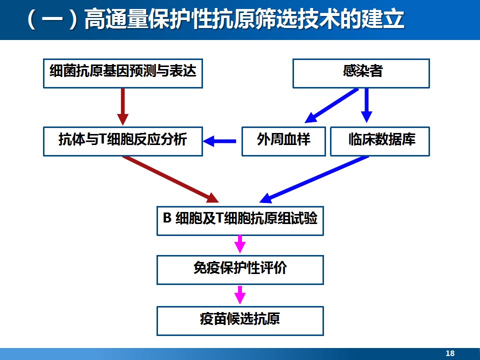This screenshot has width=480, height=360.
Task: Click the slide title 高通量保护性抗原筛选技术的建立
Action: pos(244,19)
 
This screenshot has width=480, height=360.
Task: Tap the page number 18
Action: pos(450,353)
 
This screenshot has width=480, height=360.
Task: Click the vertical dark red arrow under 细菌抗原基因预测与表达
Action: pos(123,107)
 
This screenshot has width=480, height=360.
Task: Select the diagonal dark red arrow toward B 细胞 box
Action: pos(170,179)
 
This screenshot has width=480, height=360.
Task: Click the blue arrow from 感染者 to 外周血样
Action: pos(331,106)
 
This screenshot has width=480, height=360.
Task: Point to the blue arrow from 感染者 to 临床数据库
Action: pos(366,105)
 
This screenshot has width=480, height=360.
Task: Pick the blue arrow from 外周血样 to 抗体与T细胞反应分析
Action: pos(219,141)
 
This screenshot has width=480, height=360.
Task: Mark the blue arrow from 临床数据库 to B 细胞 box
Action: pos(314,179)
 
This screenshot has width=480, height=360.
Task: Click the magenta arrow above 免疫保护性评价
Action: pos(240,244)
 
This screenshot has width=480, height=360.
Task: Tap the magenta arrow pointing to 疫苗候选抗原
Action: pos(240,295)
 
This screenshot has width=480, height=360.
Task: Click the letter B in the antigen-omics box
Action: pos(167,218)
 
